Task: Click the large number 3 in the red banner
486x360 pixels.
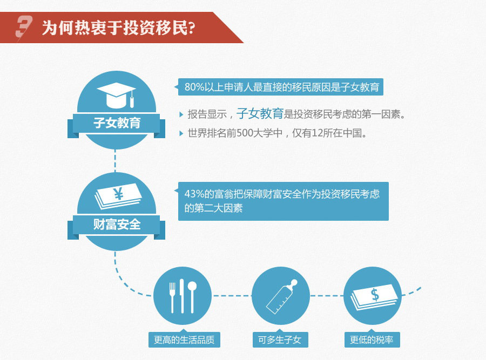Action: click(24, 28)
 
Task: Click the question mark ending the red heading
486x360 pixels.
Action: click(192, 28)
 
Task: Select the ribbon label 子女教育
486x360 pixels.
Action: click(117, 123)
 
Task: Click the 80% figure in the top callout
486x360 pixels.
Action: click(194, 87)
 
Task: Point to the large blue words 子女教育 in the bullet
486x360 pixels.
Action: click(260, 113)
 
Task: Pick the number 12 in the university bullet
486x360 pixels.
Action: click(317, 133)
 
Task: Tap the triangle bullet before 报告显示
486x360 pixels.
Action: click(181, 114)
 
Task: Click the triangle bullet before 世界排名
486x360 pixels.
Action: click(181, 133)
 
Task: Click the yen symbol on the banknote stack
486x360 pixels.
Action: click(119, 194)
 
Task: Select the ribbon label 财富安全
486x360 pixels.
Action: click(117, 224)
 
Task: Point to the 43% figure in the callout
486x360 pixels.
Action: click(194, 194)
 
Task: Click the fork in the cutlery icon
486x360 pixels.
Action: click(172, 297)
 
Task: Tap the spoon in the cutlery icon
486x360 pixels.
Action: click(192, 296)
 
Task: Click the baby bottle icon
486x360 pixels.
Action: click(281, 296)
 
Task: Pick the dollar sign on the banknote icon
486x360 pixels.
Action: click(375, 294)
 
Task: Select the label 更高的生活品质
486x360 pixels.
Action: click(184, 340)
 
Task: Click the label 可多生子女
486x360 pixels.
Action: click(280, 340)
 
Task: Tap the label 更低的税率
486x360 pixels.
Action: click(372, 340)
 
